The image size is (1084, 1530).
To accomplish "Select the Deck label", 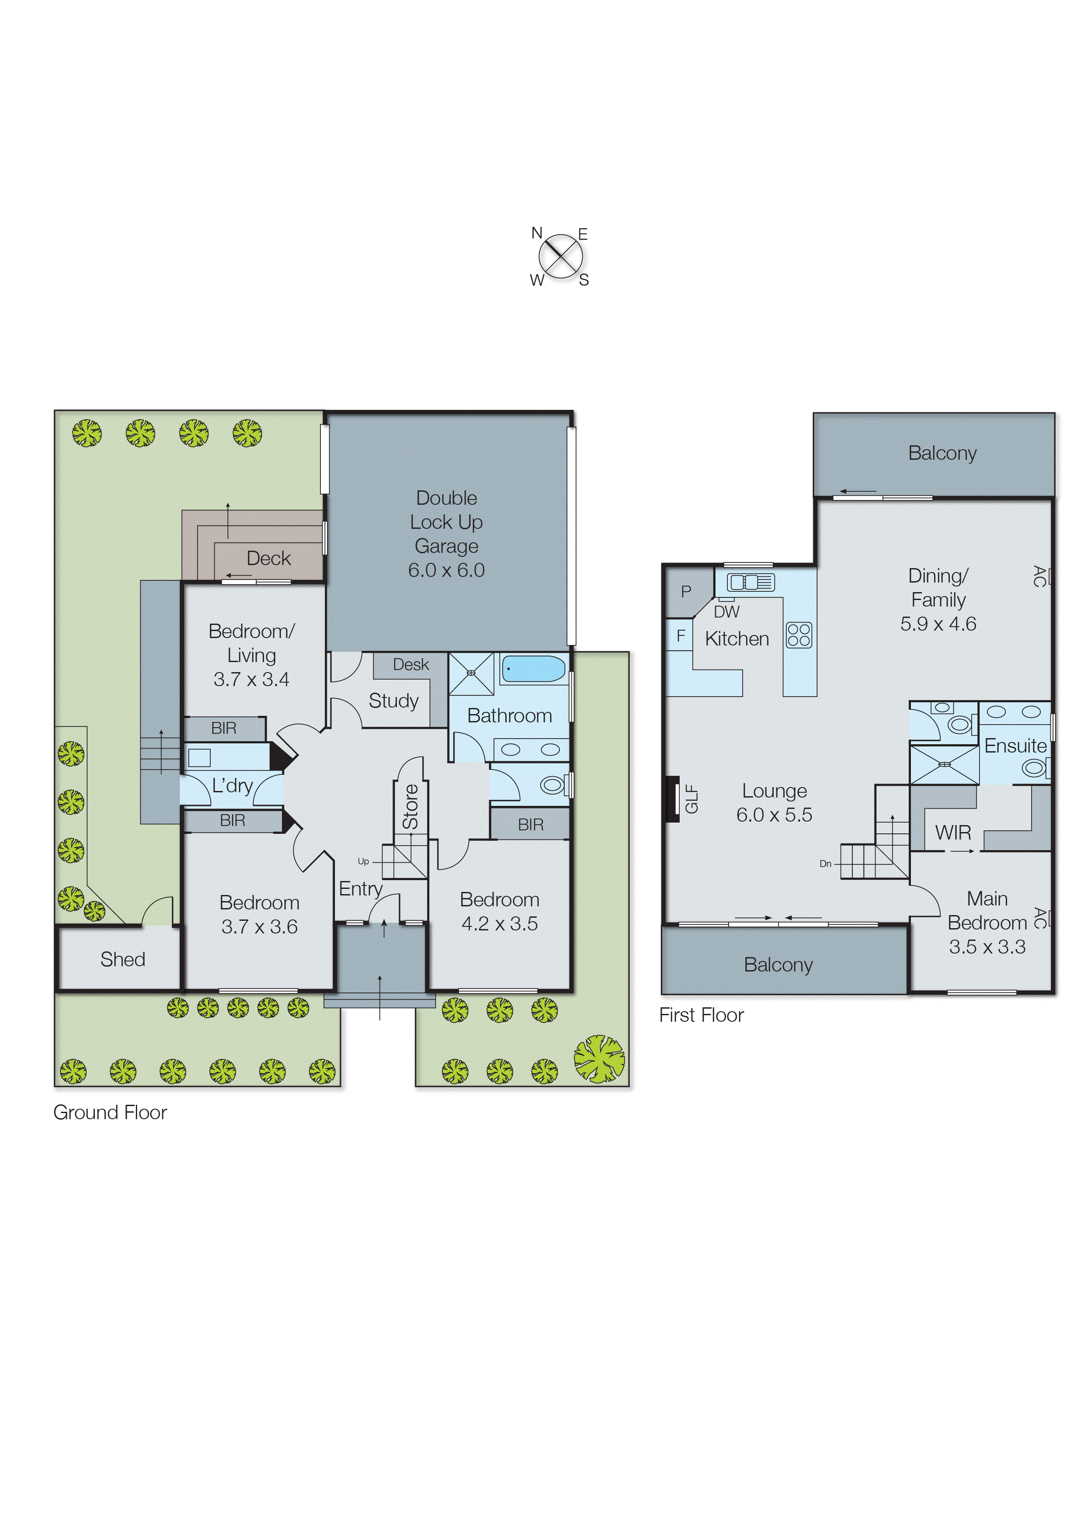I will (x=268, y=559).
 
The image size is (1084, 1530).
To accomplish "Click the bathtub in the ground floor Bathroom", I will (x=533, y=669).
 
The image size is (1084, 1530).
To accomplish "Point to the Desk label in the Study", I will (x=410, y=665).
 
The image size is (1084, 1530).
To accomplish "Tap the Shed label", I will (x=123, y=960).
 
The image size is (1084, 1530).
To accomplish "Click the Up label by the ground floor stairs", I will (x=363, y=861).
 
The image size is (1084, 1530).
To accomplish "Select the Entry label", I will (x=361, y=889).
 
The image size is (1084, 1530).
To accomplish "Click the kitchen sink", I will (x=750, y=583).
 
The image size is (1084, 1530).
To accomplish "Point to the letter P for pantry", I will (x=685, y=591).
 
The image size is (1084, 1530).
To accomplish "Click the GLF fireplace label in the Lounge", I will (x=691, y=799).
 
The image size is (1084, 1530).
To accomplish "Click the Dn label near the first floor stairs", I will (x=825, y=864).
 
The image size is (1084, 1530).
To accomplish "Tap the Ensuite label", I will (x=1015, y=746).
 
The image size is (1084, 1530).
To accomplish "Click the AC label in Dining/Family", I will (x=1039, y=576).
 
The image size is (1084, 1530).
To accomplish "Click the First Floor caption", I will (x=701, y=1016).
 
